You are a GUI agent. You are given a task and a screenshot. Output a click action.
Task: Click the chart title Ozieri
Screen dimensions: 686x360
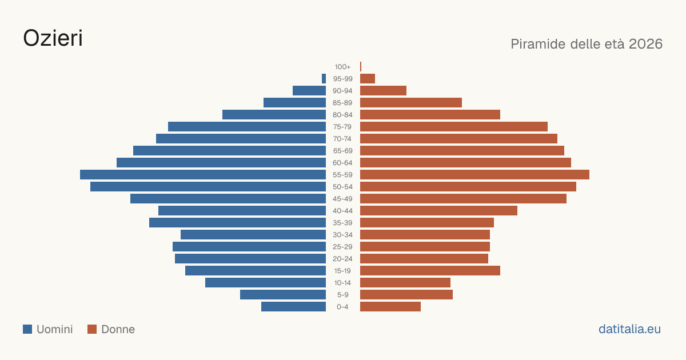click(x=53, y=38)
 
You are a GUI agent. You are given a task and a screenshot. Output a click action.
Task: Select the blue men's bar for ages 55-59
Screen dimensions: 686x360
click(x=203, y=174)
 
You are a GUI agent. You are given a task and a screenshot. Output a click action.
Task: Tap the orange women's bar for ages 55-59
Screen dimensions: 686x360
click(x=474, y=174)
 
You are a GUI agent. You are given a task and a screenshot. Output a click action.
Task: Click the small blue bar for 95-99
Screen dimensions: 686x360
click(x=324, y=79)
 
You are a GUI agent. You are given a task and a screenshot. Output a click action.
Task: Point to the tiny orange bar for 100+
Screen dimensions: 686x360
click(x=361, y=66)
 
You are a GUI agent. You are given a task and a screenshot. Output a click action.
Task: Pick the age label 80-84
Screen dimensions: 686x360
click(x=342, y=115)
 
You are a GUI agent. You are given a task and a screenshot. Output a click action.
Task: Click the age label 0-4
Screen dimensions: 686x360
click(x=342, y=307)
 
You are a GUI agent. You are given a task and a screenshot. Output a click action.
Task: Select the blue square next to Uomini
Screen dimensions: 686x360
click(x=27, y=329)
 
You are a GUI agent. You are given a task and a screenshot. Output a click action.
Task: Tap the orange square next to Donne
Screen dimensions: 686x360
click(x=92, y=329)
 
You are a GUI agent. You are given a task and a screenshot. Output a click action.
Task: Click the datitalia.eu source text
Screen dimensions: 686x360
click(x=629, y=329)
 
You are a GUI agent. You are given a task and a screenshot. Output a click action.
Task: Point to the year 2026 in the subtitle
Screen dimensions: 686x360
click(x=645, y=44)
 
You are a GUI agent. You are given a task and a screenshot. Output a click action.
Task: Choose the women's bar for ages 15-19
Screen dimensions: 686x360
click(x=430, y=271)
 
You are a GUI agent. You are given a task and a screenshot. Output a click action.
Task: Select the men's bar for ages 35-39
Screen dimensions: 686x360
click(x=237, y=222)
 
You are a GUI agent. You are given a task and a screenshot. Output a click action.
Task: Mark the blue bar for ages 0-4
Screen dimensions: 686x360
click(x=293, y=307)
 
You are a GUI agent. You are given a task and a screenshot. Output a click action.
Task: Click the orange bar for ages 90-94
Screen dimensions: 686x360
click(x=383, y=91)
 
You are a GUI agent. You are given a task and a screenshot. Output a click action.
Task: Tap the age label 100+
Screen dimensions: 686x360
click(x=342, y=67)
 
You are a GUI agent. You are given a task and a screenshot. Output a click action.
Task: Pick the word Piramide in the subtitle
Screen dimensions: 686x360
click(x=538, y=44)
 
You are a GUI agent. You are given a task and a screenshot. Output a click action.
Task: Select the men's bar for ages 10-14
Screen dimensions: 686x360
click(x=265, y=282)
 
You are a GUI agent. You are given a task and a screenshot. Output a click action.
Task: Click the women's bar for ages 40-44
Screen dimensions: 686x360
click(x=438, y=211)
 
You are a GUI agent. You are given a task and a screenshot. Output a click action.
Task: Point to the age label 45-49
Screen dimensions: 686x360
click(x=342, y=199)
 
